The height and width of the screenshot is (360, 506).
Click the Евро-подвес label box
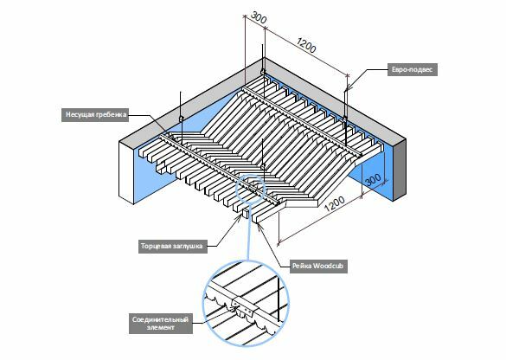click(413, 69)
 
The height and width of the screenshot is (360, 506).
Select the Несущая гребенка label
click(95, 114)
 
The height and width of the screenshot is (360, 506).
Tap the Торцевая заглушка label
click(173, 247)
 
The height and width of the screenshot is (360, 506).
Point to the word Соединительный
click(160, 319)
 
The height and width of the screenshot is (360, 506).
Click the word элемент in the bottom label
click(160, 328)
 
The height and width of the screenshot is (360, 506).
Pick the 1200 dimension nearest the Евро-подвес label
click(306, 46)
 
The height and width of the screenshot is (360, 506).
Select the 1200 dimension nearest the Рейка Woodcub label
click(335, 203)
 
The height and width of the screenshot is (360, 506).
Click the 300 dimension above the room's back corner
click(259, 18)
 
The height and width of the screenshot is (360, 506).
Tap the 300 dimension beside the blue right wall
click(374, 179)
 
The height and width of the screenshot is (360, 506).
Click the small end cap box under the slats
click(246, 212)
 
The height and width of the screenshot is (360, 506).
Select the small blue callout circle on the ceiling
click(251, 189)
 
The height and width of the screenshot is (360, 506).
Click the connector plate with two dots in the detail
click(244, 308)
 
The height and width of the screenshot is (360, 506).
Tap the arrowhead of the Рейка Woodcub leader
click(259, 225)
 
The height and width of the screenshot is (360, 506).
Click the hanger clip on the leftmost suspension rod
click(181, 119)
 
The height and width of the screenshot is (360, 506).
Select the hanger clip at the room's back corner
click(263, 71)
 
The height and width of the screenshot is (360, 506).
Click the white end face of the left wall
click(126, 173)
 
